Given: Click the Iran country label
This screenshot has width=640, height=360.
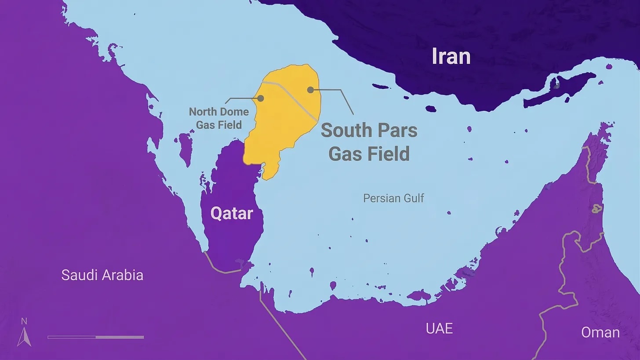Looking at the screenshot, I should [451, 57].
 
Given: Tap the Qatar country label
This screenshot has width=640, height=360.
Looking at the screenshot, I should [232, 214].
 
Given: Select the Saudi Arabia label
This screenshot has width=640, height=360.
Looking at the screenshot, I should [102, 275].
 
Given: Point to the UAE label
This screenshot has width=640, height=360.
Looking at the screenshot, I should [439, 328].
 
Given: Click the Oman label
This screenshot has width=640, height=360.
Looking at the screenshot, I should [600, 332].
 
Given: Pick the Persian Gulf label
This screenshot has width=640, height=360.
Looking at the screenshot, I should [393, 198].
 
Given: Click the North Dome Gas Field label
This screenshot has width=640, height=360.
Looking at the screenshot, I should [219, 118].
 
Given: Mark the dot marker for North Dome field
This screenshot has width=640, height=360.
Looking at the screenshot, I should [261, 98].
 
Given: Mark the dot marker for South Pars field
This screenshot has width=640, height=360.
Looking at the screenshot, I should [310, 90].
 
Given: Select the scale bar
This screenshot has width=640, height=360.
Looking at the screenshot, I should [95, 337].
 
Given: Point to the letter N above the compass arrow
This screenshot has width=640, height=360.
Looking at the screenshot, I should [24, 321].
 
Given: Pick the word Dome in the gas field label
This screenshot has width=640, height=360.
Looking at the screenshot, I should [234, 112].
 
